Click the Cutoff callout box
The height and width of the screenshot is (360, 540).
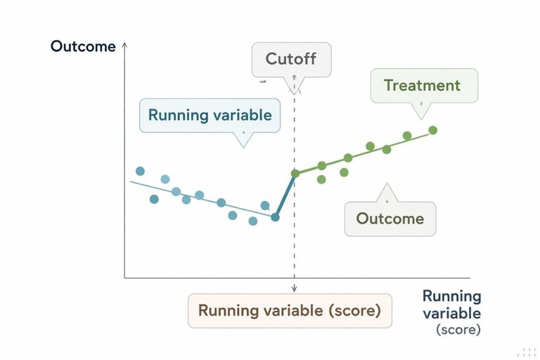click(291, 59)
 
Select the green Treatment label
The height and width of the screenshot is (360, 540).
click(422, 86)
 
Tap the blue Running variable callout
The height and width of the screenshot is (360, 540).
click(210, 115)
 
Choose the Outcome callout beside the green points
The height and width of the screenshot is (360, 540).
click(390, 219)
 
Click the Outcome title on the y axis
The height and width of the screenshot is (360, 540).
click(83, 47)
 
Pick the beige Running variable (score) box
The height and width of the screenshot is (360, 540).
click(289, 310)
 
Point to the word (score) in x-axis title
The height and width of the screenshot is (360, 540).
click(458, 329)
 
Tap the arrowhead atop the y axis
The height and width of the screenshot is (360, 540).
click(124, 44)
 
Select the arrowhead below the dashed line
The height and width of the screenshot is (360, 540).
click(294, 288)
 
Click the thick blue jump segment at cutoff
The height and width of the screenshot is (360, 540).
click(285, 195)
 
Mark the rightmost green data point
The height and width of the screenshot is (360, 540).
click(433, 130)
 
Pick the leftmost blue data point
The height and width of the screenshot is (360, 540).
click(140, 171)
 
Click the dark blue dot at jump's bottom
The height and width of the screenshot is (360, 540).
click(275, 217)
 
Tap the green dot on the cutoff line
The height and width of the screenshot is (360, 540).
click(295, 173)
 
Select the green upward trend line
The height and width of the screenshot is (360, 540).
click(366, 153)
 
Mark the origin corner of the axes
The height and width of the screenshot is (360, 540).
click(124, 278)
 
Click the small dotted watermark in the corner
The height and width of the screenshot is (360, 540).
click(528, 352)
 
